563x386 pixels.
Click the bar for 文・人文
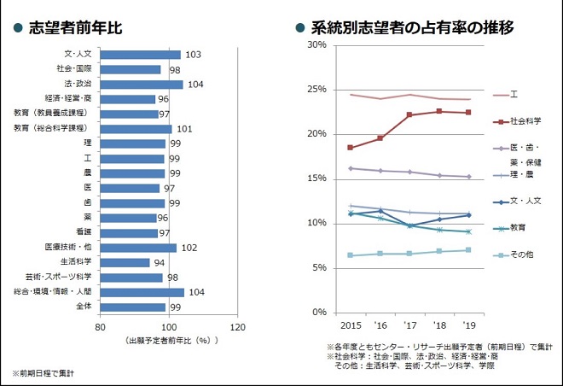pos(140,55)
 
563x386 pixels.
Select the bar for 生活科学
pos(125,262)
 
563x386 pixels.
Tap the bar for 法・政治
pos(142,85)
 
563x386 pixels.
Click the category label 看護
pos(84,232)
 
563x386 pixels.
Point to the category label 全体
pos(84,307)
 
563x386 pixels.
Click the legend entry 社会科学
pos(524,121)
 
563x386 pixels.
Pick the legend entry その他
pos(521,255)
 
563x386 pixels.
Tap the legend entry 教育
pos(518,228)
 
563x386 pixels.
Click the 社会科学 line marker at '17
pos(409,114)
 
